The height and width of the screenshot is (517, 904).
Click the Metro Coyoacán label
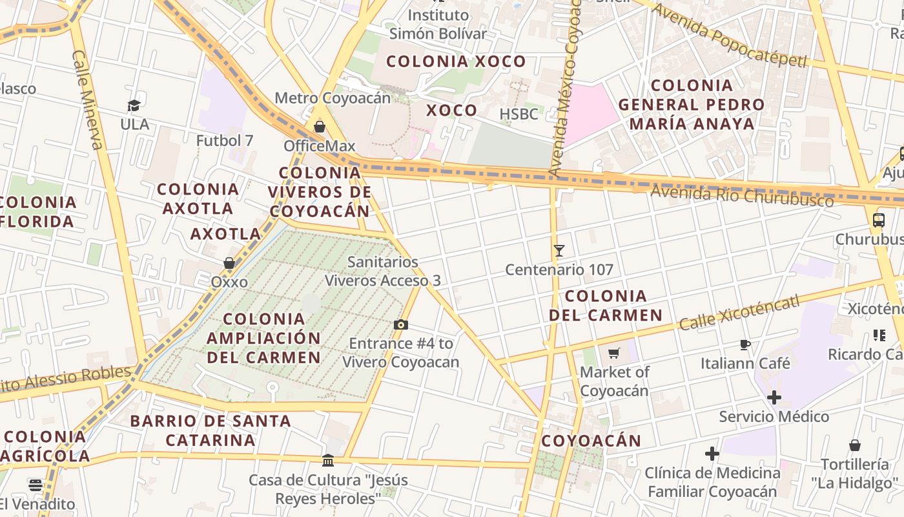pos(333,98)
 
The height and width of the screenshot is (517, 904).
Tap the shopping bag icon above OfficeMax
pos(319,127)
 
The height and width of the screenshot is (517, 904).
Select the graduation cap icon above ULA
pos(134,105)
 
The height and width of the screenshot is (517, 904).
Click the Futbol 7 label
pos(225,140)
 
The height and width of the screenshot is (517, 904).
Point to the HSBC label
pos(519,114)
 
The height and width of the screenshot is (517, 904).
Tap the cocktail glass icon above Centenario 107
pos(559,251)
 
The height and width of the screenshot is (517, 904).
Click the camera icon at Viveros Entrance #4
pos(401,324)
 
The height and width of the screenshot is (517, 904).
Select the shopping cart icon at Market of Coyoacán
pos(613,353)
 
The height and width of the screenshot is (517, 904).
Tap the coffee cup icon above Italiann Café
pos(745,344)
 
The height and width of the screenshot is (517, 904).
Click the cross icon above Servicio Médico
pos(774,397)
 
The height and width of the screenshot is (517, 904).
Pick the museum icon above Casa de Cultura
pos(328,461)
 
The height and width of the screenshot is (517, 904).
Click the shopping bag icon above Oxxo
pos(229,263)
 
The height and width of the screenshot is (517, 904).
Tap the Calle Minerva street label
pos(88,100)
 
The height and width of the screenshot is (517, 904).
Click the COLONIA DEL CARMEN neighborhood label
pos(605,306)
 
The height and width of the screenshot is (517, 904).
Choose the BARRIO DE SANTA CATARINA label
pos(211,430)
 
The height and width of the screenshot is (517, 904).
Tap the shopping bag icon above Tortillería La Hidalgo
pos(854,445)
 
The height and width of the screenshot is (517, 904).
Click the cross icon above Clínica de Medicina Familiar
pos(712,454)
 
